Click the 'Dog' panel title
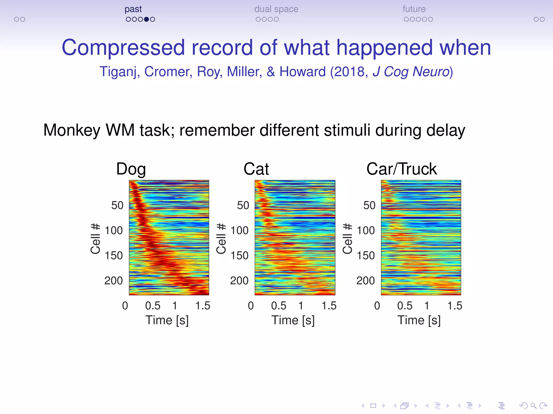pyautogui.click(x=131, y=169)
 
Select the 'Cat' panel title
pyautogui.click(x=256, y=169)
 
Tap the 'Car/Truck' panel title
pyautogui.click(x=401, y=169)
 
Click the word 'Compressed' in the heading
pyautogui.click(x=123, y=48)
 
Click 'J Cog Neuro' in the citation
pyautogui.click(x=411, y=72)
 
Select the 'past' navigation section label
pyautogui.click(x=133, y=9)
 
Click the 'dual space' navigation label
pyautogui.click(x=276, y=9)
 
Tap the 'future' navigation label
pyautogui.click(x=414, y=9)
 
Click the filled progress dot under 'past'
pyautogui.click(x=146, y=19)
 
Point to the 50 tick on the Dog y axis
pyautogui.click(x=117, y=206)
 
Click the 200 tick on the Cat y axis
pyautogui.click(x=239, y=281)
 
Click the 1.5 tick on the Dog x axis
pyautogui.click(x=203, y=306)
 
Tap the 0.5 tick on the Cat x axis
pyautogui.click(x=278, y=306)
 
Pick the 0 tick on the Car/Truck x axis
pyautogui.click(x=377, y=306)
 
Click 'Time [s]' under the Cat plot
pyautogui.click(x=293, y=320)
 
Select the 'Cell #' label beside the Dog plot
pyautogui.click(x=96, y=239)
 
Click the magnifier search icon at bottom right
pyautogui.click(x=533, y=406)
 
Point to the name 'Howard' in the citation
pyautogui.click(x=302, y=72)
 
